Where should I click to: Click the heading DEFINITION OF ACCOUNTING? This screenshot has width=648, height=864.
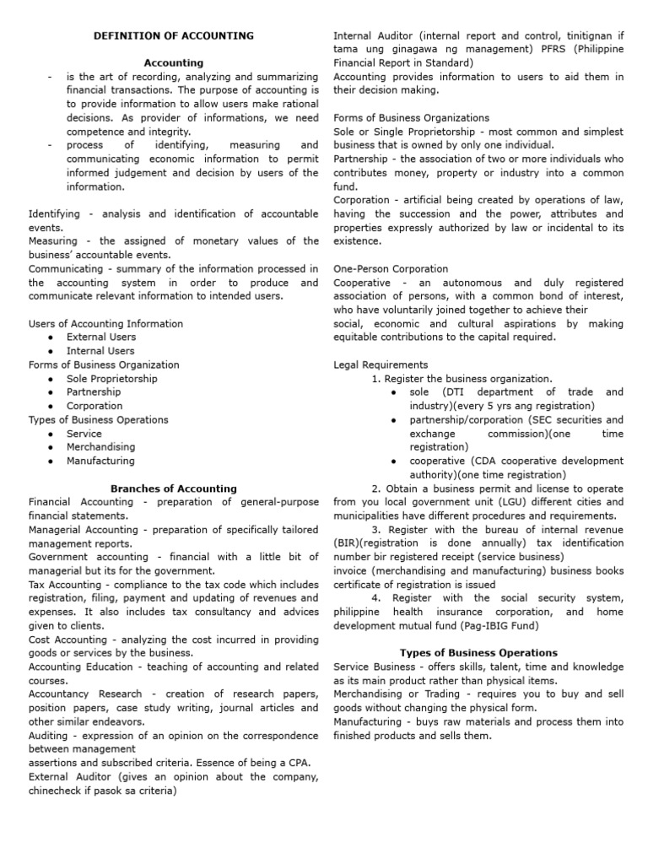[173, 35]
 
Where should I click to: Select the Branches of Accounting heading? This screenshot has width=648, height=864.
[174, 488]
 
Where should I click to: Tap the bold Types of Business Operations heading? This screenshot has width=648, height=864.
[478, 652]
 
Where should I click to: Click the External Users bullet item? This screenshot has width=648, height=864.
[101, 337]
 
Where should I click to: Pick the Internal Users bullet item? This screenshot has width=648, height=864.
[100, 350]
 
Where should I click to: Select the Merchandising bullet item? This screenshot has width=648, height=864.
[105, 447]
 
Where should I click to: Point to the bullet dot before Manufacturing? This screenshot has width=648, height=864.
[52, 461]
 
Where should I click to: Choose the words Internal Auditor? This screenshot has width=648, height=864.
[373, 35]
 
